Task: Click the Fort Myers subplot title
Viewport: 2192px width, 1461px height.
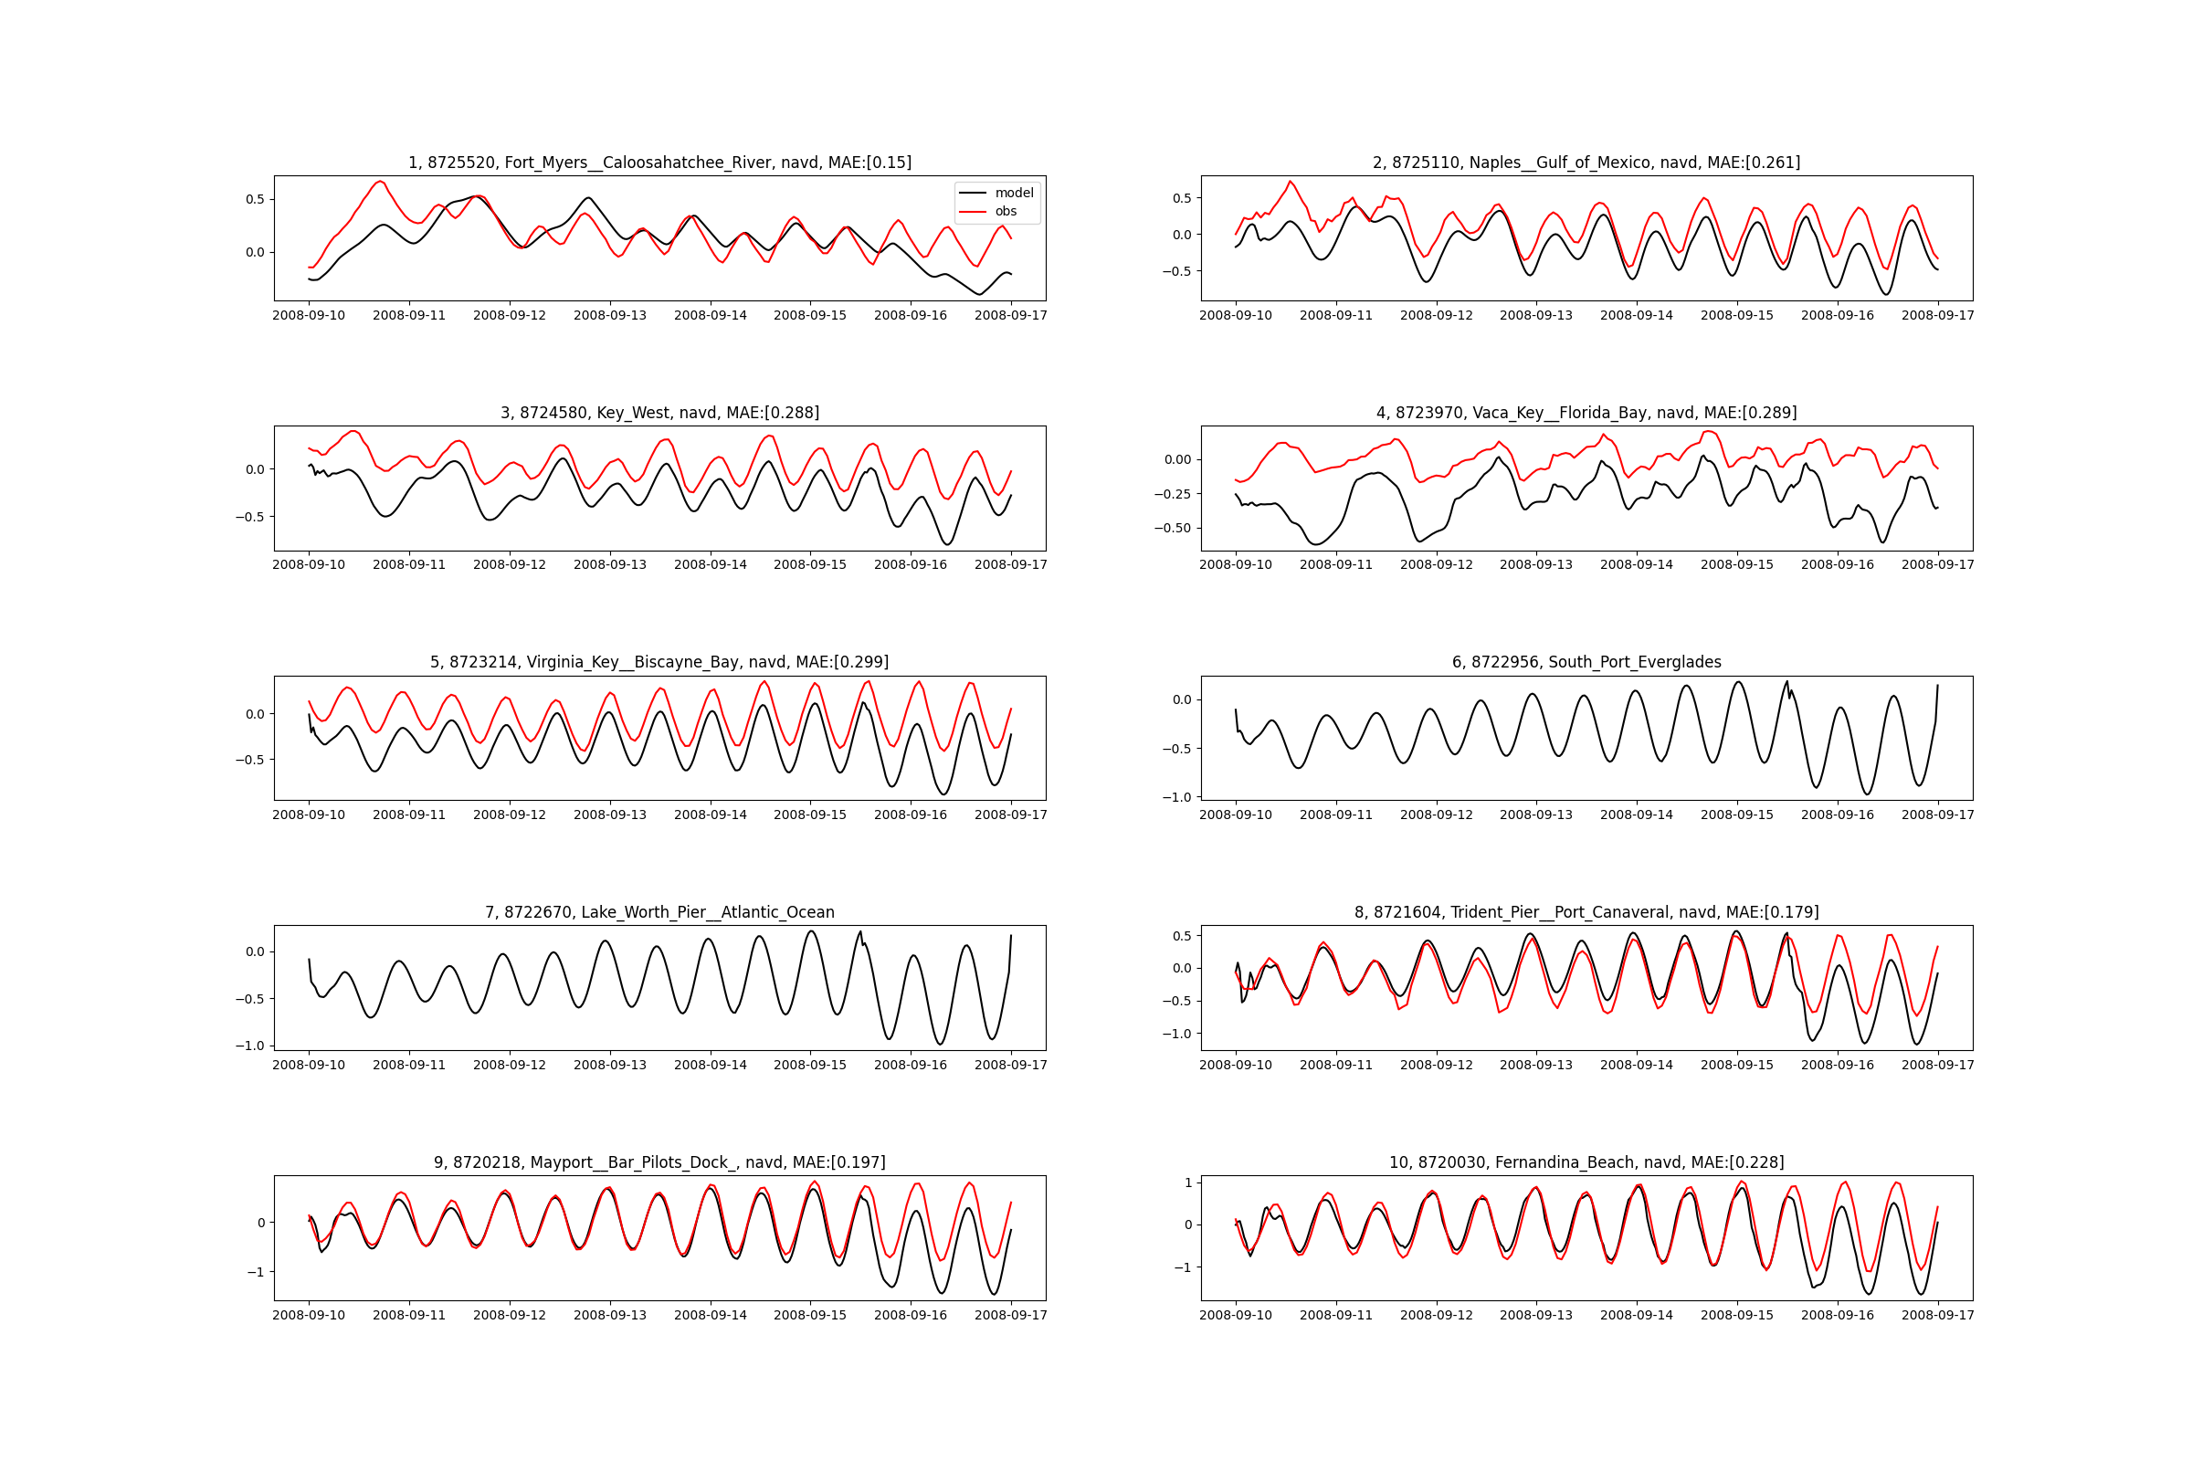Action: click(x=659, y=163)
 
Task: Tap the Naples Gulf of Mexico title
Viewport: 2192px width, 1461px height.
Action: click(x=1586, y=163)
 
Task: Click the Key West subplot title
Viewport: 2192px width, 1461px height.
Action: click(x=659, y=413)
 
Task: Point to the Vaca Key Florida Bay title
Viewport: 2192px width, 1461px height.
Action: click(x=1586, y=413)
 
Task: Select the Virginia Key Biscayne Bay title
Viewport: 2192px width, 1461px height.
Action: click(x=659, y=663)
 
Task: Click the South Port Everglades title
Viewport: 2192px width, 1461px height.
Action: click(x=1586, y=663)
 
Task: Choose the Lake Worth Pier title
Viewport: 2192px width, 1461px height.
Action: click(x=659, y=912)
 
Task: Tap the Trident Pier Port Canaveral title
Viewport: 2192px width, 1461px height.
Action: click(x=1586, y=912)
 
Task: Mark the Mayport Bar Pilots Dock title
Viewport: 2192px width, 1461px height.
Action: click(x=659, y=1161)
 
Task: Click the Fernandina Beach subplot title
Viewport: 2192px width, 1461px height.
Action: click(x=1586, y=1161)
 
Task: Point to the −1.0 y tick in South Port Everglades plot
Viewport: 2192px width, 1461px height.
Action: click(x=1178, y=797)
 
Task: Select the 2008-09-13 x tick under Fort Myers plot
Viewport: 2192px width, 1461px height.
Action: click(x=609, y=316)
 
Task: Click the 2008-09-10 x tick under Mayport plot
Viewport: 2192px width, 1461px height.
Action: click(x=309, y=1315)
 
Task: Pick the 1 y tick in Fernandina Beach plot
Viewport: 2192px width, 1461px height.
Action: click(x=1188, y=1183)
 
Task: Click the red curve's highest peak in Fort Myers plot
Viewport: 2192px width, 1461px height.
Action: click(x=379, y=182)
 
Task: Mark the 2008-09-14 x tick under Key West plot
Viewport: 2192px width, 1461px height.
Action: click(x=711, y=564)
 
